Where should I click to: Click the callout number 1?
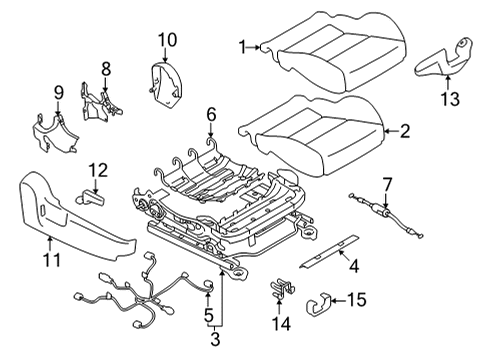pos(242,45)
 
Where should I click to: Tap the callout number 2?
pos(405,129)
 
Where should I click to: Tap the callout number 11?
pos(51,260)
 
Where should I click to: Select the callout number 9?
pos(59,93)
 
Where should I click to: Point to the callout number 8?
pos(107,69)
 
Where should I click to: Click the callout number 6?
pos(210,117)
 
